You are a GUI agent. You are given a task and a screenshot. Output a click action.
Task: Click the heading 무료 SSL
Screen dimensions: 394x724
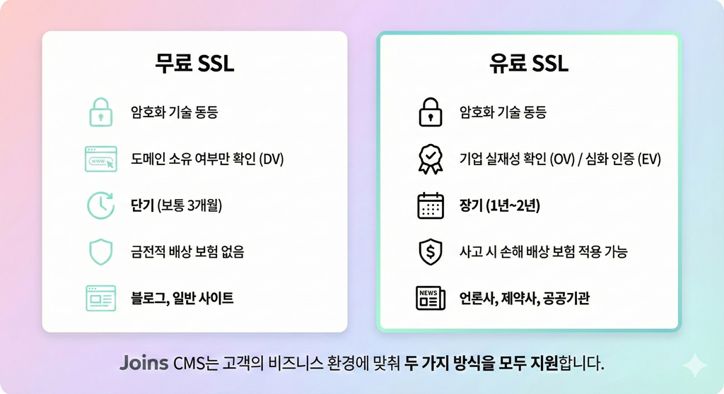[x=194, y=64]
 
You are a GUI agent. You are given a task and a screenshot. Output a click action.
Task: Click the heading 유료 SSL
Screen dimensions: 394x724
[x=529, y=64]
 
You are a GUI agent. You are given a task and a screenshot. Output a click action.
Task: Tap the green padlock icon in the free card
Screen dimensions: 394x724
[x=100, y=112]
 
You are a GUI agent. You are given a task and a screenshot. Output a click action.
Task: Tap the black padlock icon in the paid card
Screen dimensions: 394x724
[x=430, y=112]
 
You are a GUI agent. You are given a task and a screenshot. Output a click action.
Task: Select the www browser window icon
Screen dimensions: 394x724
[x=100, y=159]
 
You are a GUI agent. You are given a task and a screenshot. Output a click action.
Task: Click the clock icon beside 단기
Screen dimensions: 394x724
[x=100, y=205]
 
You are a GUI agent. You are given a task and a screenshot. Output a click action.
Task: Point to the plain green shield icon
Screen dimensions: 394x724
[x=100, y=251]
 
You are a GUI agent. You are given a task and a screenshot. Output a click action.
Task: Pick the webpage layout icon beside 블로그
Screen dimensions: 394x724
[x=100, y=298]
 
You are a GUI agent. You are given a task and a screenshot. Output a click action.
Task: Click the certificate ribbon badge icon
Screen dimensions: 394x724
[x=430, y=159]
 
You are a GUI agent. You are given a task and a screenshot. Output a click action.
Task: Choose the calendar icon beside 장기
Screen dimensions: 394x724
[x=430, y=205]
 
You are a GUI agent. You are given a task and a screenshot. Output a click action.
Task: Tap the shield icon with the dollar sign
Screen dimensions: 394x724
[x=430, y=252]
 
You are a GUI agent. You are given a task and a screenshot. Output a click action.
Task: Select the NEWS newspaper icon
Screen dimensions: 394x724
[x=430, y=298]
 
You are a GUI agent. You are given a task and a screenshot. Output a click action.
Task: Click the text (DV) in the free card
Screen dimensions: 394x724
[x=271, y=159]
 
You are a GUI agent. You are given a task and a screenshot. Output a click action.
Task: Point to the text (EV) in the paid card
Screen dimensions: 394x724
[x=648, y=159]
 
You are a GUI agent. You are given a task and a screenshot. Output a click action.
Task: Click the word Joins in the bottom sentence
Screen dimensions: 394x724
[x=144, y=364]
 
